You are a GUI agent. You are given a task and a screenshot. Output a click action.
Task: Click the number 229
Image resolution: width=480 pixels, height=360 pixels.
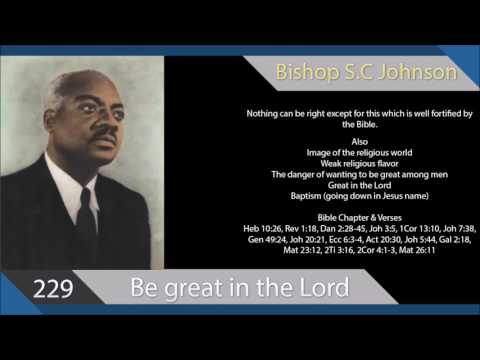[51, 290]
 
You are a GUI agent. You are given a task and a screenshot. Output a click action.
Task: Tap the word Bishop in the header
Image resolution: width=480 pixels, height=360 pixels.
[307, 72]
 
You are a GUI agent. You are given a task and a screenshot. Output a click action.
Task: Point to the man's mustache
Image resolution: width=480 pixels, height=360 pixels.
[102, 130]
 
